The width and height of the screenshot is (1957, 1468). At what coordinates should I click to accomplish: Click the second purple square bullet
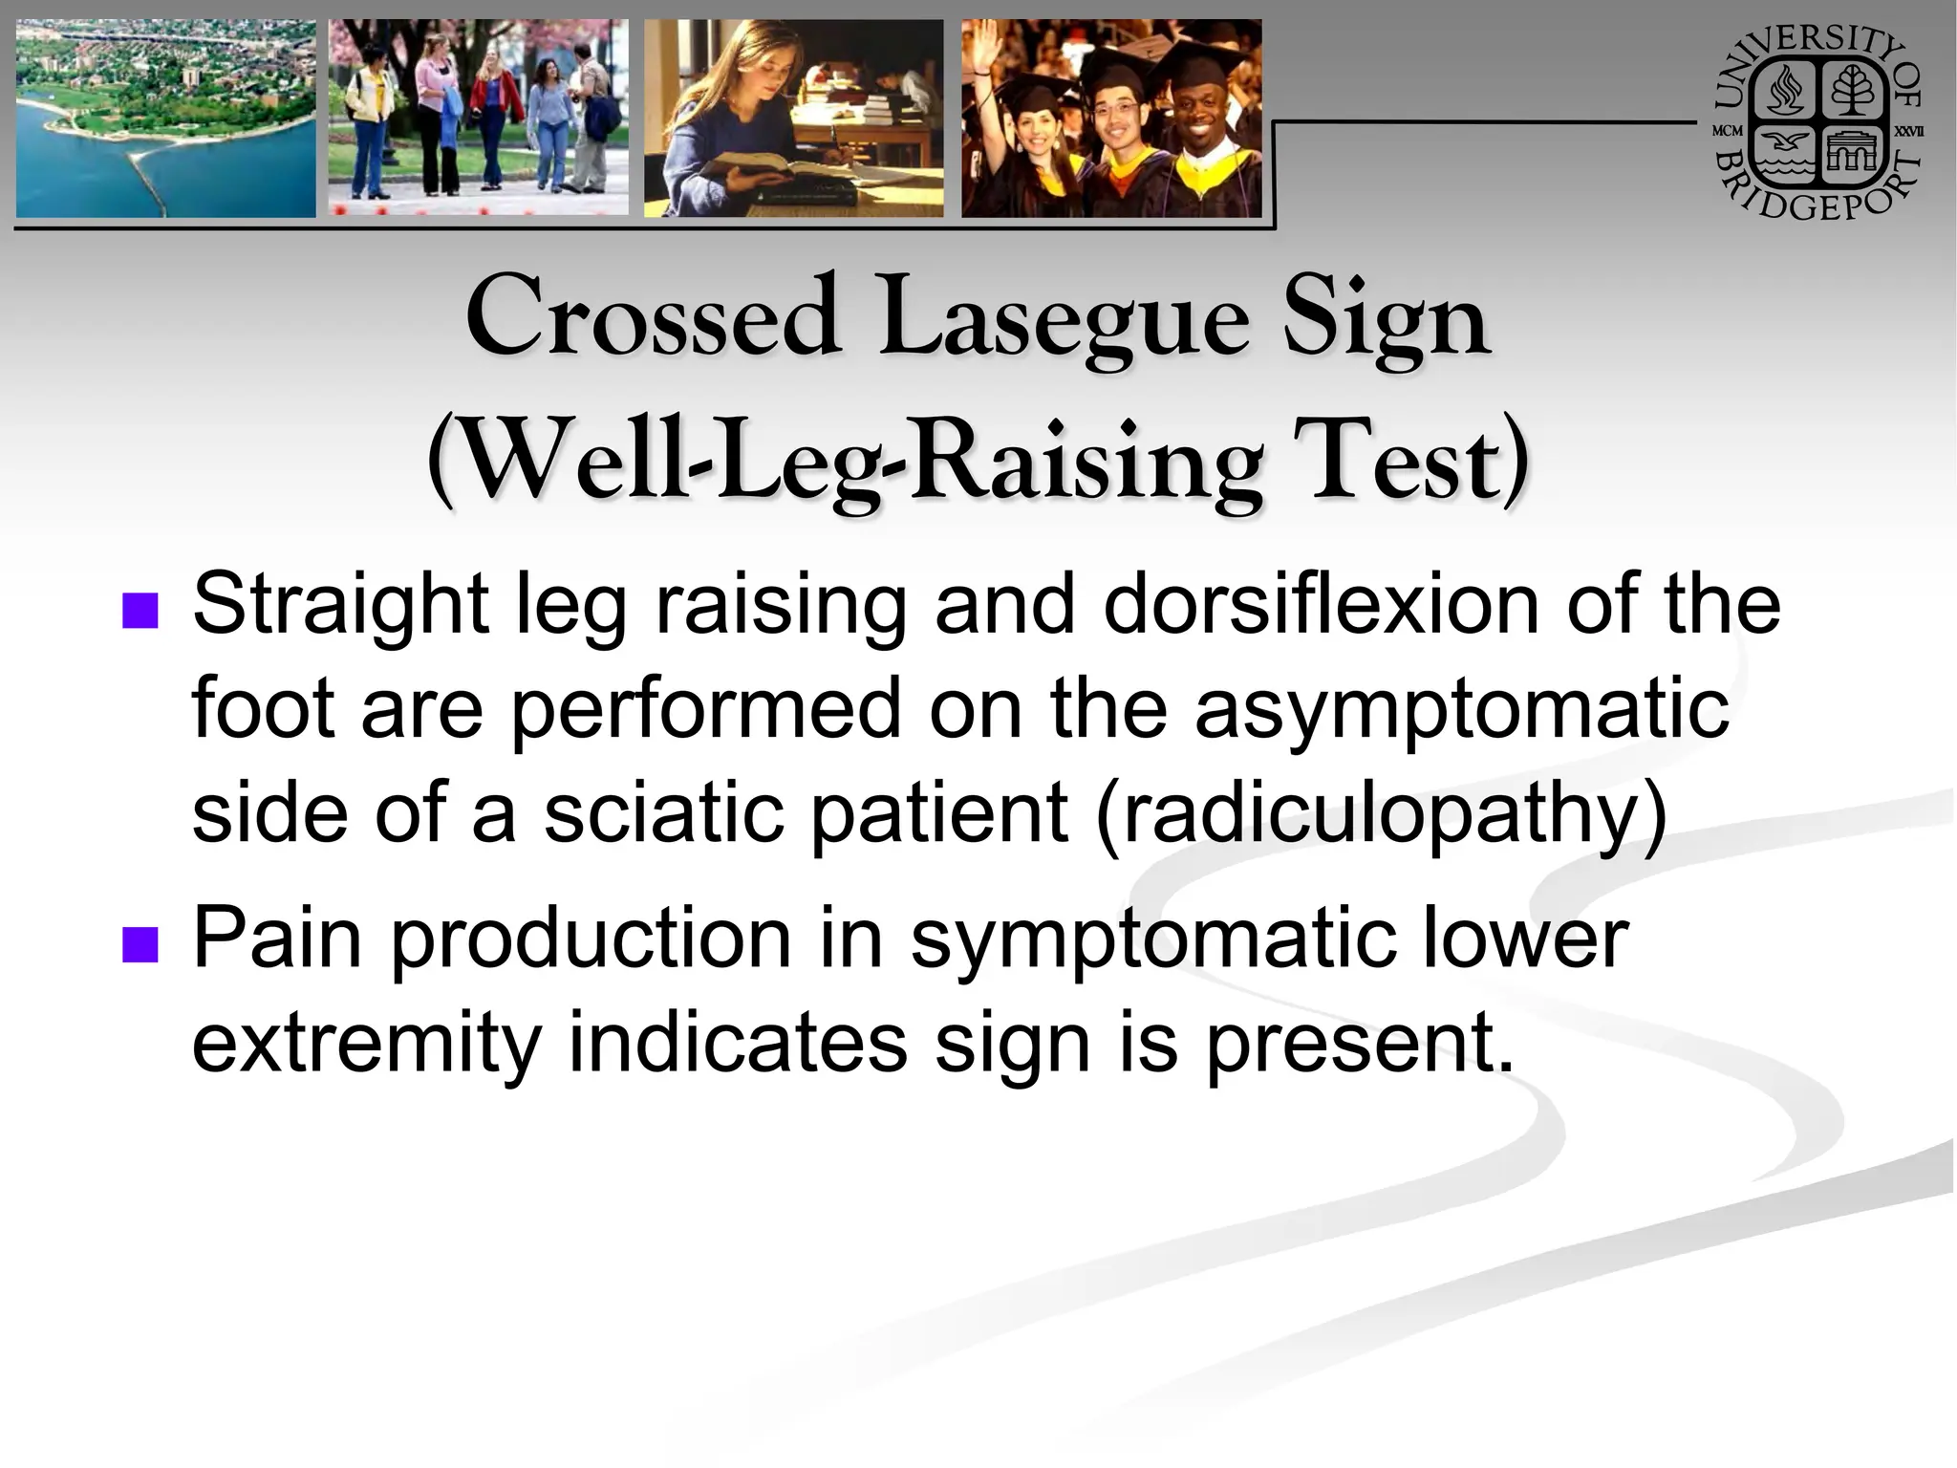pos(140,944)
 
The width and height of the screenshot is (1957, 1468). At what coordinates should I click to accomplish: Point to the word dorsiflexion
pos(1320,605)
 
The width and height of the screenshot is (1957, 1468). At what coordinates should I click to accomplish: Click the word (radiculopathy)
pos(1381,814)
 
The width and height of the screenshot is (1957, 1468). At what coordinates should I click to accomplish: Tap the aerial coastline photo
pos(164,119)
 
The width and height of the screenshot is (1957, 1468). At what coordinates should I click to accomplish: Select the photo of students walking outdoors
pos(478,119)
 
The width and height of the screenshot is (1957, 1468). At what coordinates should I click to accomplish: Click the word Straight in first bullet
pos(340,606)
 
